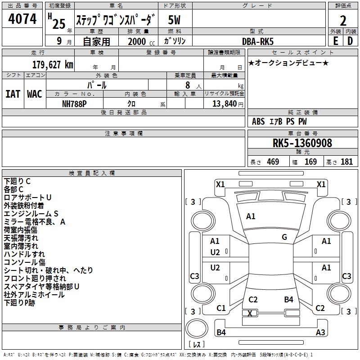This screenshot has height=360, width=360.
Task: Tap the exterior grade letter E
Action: [335, 40]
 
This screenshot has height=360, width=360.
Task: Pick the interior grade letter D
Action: [350, 40]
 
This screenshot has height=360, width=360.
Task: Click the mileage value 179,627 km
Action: [53, 65]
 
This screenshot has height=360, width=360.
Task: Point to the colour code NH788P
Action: [75, 103]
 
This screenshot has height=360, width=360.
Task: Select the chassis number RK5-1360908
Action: [302, 144]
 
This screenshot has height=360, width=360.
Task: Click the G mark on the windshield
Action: [284, 237]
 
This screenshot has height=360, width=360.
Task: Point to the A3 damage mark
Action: [320, 333]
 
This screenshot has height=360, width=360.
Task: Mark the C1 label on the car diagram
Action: [221, 308]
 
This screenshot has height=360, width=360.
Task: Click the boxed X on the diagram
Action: [250, 313]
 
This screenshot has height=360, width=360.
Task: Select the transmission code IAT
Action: [13, 94]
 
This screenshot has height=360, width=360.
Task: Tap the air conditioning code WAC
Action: [34, 94]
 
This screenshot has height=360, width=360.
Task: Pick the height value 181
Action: [346, 162]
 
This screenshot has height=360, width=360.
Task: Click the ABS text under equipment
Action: [258, 121]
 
